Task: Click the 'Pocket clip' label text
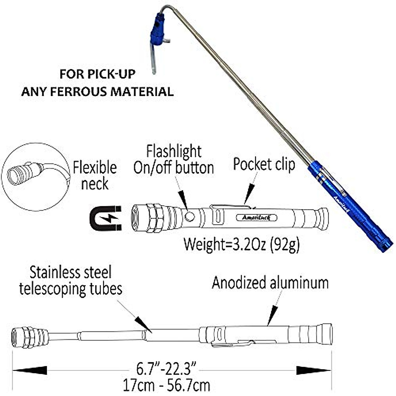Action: tap(264, 164)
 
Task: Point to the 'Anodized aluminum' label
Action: tap(270, 283)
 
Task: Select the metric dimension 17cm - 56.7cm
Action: tap(167, 385)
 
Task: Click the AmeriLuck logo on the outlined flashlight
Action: tap(257, 217)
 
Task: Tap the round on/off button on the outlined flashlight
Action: tap(189, 216)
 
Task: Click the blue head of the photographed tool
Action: tap(158, 30)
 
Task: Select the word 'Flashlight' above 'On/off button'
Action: tap(174, 152)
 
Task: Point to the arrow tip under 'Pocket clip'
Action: tap(246, 202)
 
